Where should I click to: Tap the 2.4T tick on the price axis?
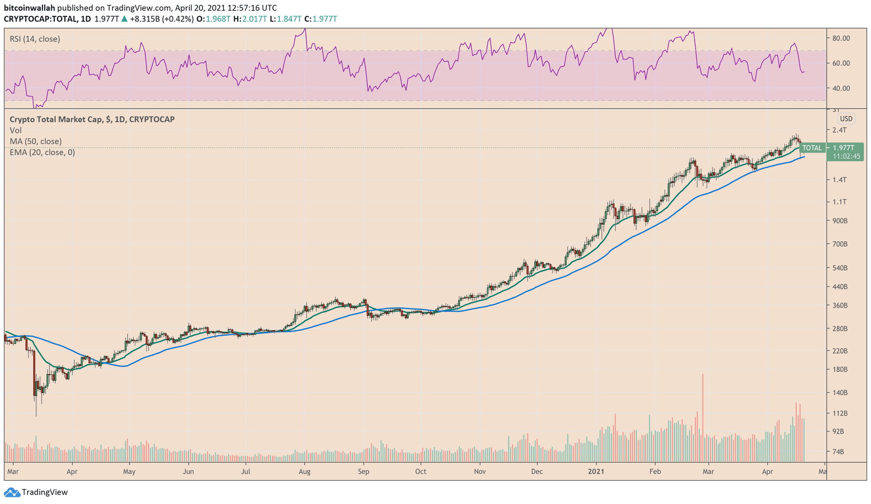[840, 130]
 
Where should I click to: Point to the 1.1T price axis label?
[840, 202]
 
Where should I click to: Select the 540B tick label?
[840, 268]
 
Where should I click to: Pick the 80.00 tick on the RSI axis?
[841, 38]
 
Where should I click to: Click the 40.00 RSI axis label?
[841, 88]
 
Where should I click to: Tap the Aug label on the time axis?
[304, 472]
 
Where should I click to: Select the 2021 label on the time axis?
[596, 472]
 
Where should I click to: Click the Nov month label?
[479, 472]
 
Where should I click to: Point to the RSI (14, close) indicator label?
[35, 39]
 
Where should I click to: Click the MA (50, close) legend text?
[35, 142]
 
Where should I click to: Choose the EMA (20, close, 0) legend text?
[42, 152]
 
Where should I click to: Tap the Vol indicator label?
[15, 131]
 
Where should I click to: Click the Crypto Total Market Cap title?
[92, 119]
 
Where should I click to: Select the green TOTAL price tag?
[812, 148]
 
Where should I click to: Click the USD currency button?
[846, 119]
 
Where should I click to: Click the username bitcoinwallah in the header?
[29, 8]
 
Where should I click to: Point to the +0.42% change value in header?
[178, 19]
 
